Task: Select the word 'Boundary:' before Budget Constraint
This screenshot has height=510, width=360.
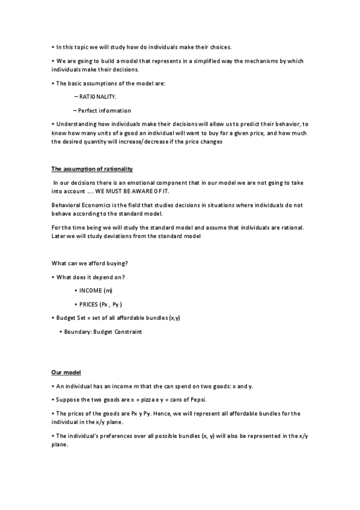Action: [79, 331]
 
